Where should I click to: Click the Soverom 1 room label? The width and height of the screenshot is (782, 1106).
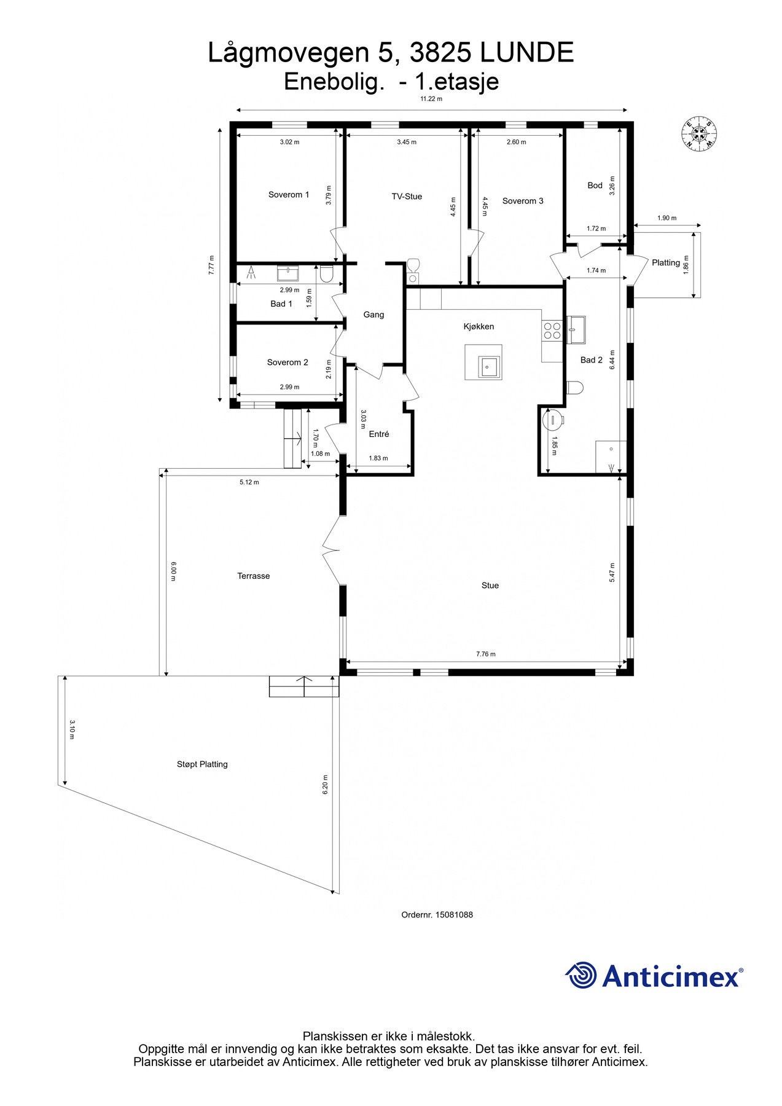[289, 195]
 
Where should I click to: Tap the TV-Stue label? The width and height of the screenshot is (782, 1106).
[407, 197]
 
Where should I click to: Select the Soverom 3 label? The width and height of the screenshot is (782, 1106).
[523, 201]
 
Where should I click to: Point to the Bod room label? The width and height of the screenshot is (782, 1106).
[595, 186]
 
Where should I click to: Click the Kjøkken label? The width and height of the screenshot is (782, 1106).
[479, 327]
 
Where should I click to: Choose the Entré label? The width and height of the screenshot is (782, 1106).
[379, 434]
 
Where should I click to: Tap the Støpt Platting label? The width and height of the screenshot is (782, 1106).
[202, 764]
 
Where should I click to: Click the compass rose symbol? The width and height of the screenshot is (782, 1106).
[699, 133]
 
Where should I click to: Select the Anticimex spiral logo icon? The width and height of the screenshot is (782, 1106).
[581, 975]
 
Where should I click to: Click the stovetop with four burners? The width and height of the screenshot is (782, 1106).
[552, 331]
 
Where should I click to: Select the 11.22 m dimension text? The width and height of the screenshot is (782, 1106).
[431, 99]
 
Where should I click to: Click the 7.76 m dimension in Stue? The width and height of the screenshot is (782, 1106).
[485, 654]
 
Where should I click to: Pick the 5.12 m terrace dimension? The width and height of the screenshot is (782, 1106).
[249, 482]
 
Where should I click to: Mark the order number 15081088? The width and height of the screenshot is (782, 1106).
[437, 914]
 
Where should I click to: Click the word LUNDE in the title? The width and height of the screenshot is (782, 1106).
[527, 53]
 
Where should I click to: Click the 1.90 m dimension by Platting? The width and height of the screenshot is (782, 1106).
[667, 218]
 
